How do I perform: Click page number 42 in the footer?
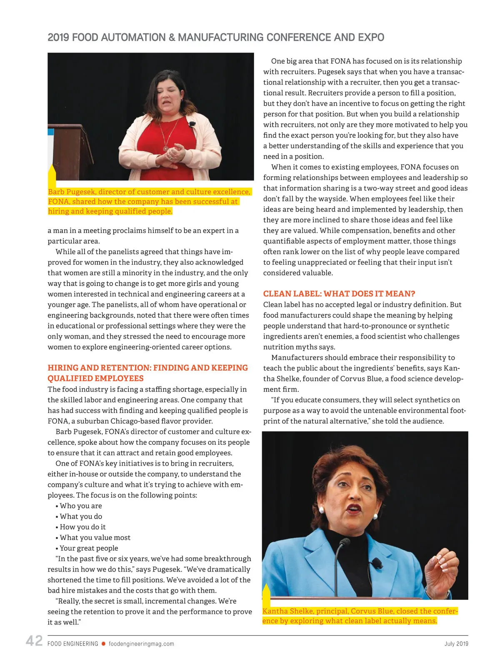[x=34, y=641]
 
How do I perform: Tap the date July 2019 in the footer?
[x=456, y=644]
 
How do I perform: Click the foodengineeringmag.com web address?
[x=141, y=644]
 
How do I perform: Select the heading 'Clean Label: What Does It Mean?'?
[x=339, y=293]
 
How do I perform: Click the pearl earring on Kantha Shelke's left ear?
[x=321, y=510]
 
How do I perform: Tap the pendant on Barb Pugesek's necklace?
[x=166, y=148]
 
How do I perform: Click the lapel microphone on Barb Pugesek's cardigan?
[x=192, y=124]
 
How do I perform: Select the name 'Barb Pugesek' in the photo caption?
[x=71, y=192]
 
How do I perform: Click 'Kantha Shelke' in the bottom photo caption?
[x=288, y=611]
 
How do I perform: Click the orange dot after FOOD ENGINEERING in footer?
[x=103, y=644]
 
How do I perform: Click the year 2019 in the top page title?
[x=58, y=38]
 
